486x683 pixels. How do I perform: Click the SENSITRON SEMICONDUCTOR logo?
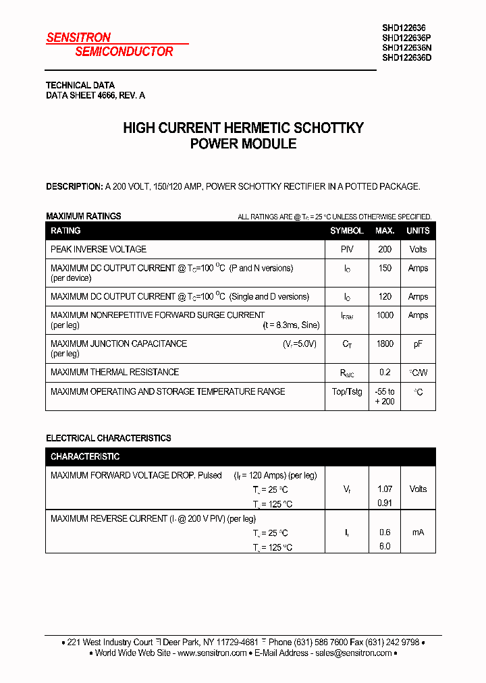[110, 45]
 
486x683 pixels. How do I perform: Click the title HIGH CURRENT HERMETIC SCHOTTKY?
[243, 128]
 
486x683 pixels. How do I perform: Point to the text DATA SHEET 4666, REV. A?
[95, 96]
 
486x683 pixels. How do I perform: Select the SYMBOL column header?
[347, 231]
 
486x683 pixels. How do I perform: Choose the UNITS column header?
[418, 231]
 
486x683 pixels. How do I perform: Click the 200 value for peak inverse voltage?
[385, 249]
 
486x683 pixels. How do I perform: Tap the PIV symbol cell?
[347, 249]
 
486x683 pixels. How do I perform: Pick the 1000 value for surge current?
[385, 315]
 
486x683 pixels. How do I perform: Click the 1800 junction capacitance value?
[385, 344]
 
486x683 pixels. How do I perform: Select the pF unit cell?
[418, 344]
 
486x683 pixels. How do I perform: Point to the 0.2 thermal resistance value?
[385, 372]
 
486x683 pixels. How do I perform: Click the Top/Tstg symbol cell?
[347, 391]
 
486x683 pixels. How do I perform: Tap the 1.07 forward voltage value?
[385, 489]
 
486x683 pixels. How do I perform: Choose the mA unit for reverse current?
[418, 532]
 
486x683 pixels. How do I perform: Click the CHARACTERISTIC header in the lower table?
[85, 457]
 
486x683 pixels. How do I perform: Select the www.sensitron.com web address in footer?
[212, 653]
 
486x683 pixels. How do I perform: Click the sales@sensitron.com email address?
[354, 653]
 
